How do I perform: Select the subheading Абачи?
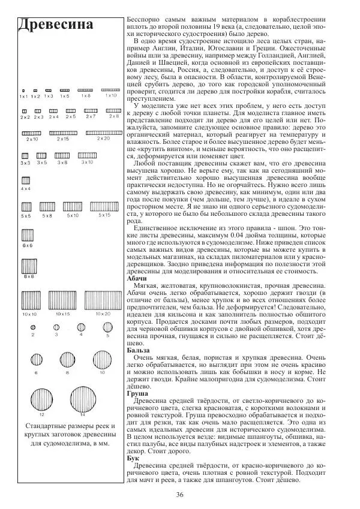pos(137,279)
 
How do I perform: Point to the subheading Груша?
pos(138,394)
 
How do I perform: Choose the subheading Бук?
pos(133,457)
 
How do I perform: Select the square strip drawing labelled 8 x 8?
pos(29,263)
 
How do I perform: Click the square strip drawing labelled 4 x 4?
pos(26,180)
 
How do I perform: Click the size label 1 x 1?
pos(23,96)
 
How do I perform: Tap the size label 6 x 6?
pos(27,246)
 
